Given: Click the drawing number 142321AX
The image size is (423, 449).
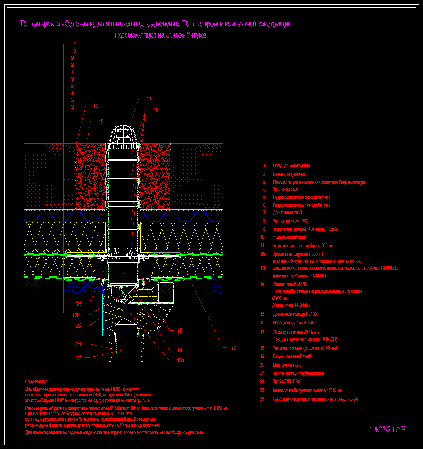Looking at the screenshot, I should click(388, 429).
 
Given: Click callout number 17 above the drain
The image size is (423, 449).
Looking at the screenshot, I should click(149, 99).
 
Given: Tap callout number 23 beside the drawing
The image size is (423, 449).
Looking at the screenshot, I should click(234, 348).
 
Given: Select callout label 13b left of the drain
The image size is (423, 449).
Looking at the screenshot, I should click(76, 315).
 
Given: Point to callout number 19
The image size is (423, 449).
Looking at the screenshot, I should click(96, 106).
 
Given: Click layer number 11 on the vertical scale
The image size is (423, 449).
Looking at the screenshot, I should click(74, 44).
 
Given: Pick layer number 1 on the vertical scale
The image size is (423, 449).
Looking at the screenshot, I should click(72, 114).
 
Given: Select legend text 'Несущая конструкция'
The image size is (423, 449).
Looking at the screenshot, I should click(291, 166).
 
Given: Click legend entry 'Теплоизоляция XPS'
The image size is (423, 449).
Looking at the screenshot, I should click(290, 221).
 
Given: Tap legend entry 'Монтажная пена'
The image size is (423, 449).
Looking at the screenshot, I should click(287, 365).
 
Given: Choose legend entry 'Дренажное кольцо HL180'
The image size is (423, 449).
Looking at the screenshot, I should click(295, 314).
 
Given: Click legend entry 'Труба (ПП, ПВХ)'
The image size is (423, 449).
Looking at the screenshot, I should click(287, 382).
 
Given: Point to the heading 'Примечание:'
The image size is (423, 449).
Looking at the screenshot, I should click(36, 382).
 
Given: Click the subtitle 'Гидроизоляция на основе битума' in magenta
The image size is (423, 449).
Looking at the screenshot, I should click(160, 35).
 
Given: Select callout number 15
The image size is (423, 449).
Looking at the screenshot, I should click(180, 331).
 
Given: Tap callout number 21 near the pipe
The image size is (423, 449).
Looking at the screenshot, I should click(78, 344).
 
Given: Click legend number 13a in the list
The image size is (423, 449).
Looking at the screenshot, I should click(263, 254).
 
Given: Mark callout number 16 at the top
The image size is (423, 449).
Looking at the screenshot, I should click(156, 110).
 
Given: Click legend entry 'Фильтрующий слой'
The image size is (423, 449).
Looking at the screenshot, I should click(290, 237).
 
